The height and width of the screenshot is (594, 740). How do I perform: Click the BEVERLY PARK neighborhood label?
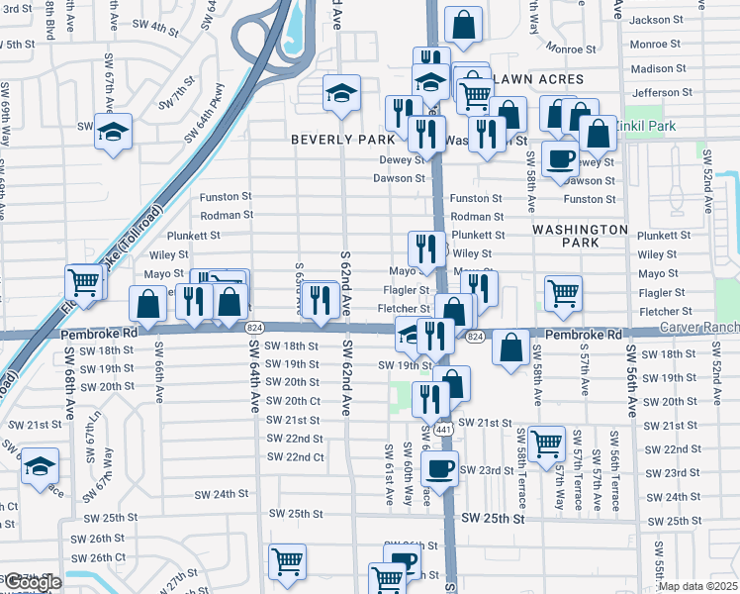tap(342, 140)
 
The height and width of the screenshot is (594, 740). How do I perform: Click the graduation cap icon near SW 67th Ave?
tap(113, 132)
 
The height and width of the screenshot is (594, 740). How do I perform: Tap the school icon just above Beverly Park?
tap(340, 93)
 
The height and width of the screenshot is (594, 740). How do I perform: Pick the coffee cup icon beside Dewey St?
tap(561, 158)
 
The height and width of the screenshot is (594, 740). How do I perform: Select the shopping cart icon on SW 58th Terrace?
tap(546, 444)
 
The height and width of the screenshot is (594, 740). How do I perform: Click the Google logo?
tap(33, 583)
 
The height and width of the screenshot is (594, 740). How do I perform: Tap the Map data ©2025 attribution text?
tap(697, 586)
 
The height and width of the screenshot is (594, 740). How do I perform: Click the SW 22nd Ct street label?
tap(296, 456)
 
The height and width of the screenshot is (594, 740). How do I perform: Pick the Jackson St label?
tap(677, 20)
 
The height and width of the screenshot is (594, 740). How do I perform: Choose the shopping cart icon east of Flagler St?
tap(563, 292)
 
